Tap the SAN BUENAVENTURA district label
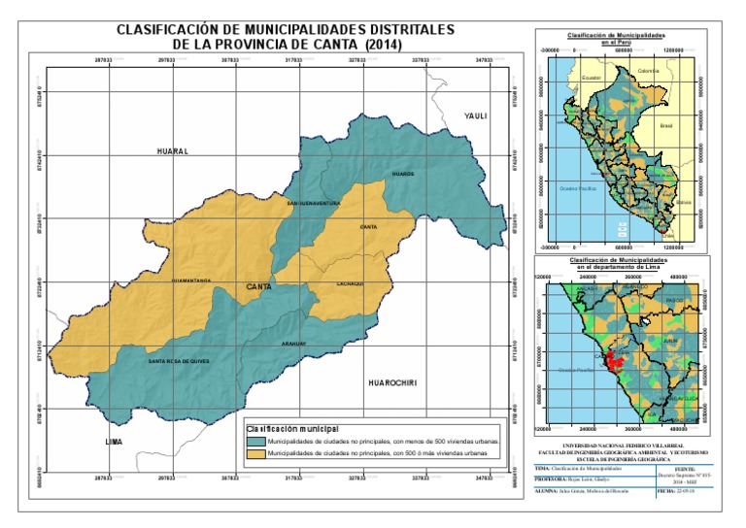(x=312, y=204)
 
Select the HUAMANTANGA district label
(x=190, y=280)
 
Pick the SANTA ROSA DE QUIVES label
(x=179, y=361)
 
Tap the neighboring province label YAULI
(x=474, y=115)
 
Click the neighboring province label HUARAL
(x=171, y=152)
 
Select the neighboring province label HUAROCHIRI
(x=391, y=383)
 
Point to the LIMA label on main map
(x=115, y=442)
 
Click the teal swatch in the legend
(x=255, y=441)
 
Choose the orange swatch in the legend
(x=255, y=453)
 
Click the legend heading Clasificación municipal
(x=292, y=427)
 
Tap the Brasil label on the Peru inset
(x=666, y=125)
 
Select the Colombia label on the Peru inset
(x=648, y=71)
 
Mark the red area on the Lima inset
(x=613, y=362)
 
